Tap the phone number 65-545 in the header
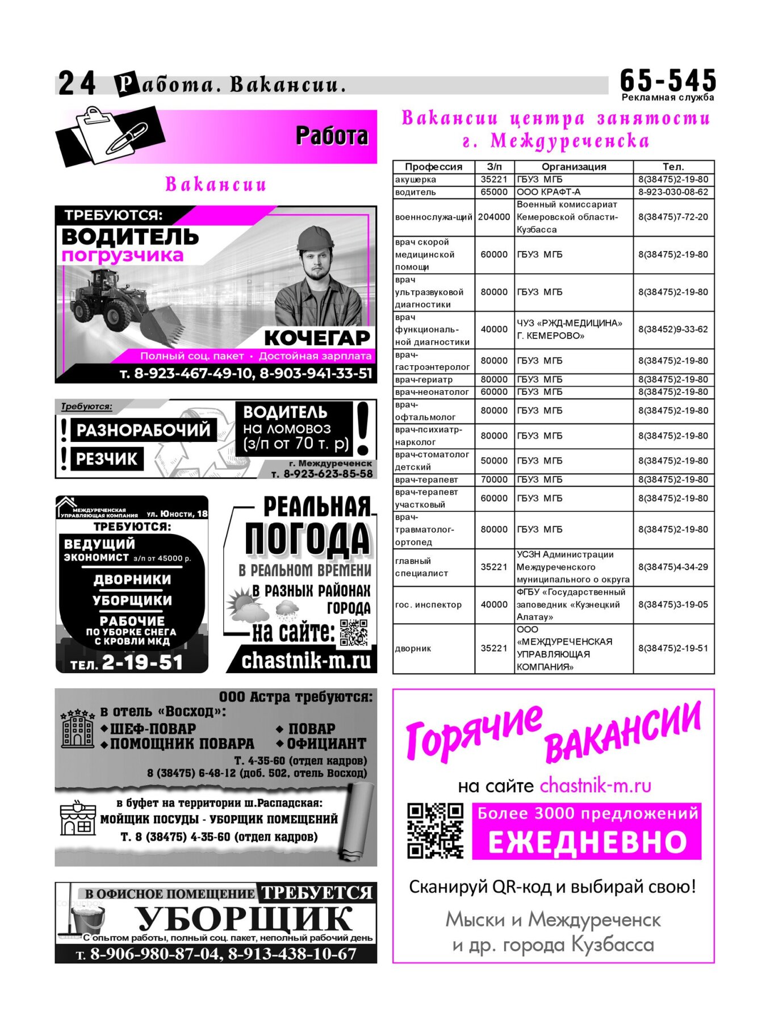[668, 81]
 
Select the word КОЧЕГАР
[317, 338]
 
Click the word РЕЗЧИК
[107, 459]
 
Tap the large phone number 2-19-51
[142, 662]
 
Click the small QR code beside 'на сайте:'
[354, 633]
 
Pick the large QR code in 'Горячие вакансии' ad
[435, 830]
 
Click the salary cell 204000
[494, 217]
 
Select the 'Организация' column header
[574, 167]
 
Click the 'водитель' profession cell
[416, 192]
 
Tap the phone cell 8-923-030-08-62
[673, 192]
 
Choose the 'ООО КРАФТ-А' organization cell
[549, 192]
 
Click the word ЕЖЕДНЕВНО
[587, 842]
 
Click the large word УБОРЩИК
[244, 918]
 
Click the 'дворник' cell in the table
[413, 649]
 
